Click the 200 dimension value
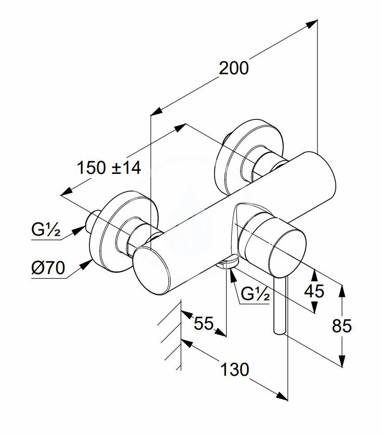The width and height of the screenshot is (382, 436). pyautogui.click(x=233, y=69)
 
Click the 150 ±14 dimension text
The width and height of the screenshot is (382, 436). pyautogui.click(x=109, y=168)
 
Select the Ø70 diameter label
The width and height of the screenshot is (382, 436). pyautogui.click(x=48, y=268)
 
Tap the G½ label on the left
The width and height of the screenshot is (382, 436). pyautogui.click(x=46, y=229)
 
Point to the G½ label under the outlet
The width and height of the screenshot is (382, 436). pyautogui.click(x=255, y=294)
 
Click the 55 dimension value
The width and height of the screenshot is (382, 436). pyautogui.click(x=204, y=323)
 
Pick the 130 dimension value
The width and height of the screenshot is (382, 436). pyautogui.click(x=235, y=370)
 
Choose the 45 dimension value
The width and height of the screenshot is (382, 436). pyautogui.click(x=314, y=291)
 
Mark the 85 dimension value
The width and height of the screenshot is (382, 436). pyautogui.click(x=341, y=325)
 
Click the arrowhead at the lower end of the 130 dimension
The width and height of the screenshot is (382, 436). pyautogui.click(x=282, y=397)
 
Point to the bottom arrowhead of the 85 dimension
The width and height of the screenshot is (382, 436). pyautogui.click(x=343, y=361)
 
